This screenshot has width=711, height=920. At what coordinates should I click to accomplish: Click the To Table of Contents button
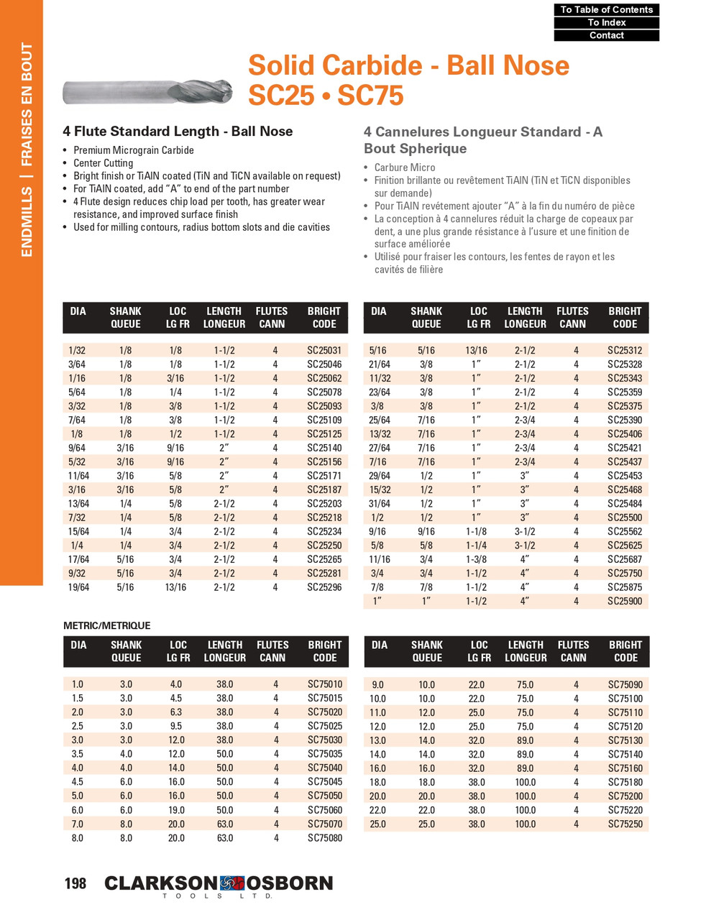606,9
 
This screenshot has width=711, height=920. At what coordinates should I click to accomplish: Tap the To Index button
606,22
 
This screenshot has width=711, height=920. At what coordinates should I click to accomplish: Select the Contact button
606,35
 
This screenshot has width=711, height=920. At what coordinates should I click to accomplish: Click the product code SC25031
324,350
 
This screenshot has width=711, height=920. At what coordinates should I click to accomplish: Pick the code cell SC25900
625,601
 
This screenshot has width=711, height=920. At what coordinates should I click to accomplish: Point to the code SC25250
324,546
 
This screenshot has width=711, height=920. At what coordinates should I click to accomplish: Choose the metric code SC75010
325,684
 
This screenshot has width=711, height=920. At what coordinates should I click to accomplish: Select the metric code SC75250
625,824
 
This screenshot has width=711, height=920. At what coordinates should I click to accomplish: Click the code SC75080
325,838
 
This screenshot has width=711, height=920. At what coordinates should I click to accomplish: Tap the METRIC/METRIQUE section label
107,625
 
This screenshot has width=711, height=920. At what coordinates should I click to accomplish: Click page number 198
75,883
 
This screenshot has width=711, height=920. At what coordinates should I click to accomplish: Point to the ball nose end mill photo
147,92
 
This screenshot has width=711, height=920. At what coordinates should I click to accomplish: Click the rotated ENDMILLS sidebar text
27,216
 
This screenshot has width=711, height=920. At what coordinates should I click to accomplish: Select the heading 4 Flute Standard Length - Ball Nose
178,132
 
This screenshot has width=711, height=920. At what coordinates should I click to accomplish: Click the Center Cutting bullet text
103,163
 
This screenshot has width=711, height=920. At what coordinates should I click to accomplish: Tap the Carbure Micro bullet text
405,167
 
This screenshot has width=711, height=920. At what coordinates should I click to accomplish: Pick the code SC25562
625,531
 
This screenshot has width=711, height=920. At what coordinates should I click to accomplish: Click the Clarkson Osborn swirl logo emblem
232,883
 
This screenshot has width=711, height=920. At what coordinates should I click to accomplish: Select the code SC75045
325,782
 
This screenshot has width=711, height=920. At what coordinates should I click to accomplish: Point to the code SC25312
625,350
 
